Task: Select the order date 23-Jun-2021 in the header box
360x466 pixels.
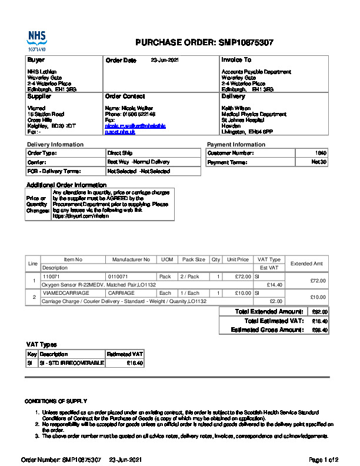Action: coord(165,60)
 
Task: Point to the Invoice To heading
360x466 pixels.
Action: coord(236,60)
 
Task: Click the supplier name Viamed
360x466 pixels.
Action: coord(36,108)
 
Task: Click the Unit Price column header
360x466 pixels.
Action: coord(238,259)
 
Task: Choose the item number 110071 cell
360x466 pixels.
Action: coord(52,276)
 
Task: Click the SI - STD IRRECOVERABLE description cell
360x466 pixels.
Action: coord(71,363)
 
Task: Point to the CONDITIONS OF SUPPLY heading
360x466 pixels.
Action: coord(56,401)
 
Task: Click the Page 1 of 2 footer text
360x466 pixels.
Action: coord(324,459)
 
